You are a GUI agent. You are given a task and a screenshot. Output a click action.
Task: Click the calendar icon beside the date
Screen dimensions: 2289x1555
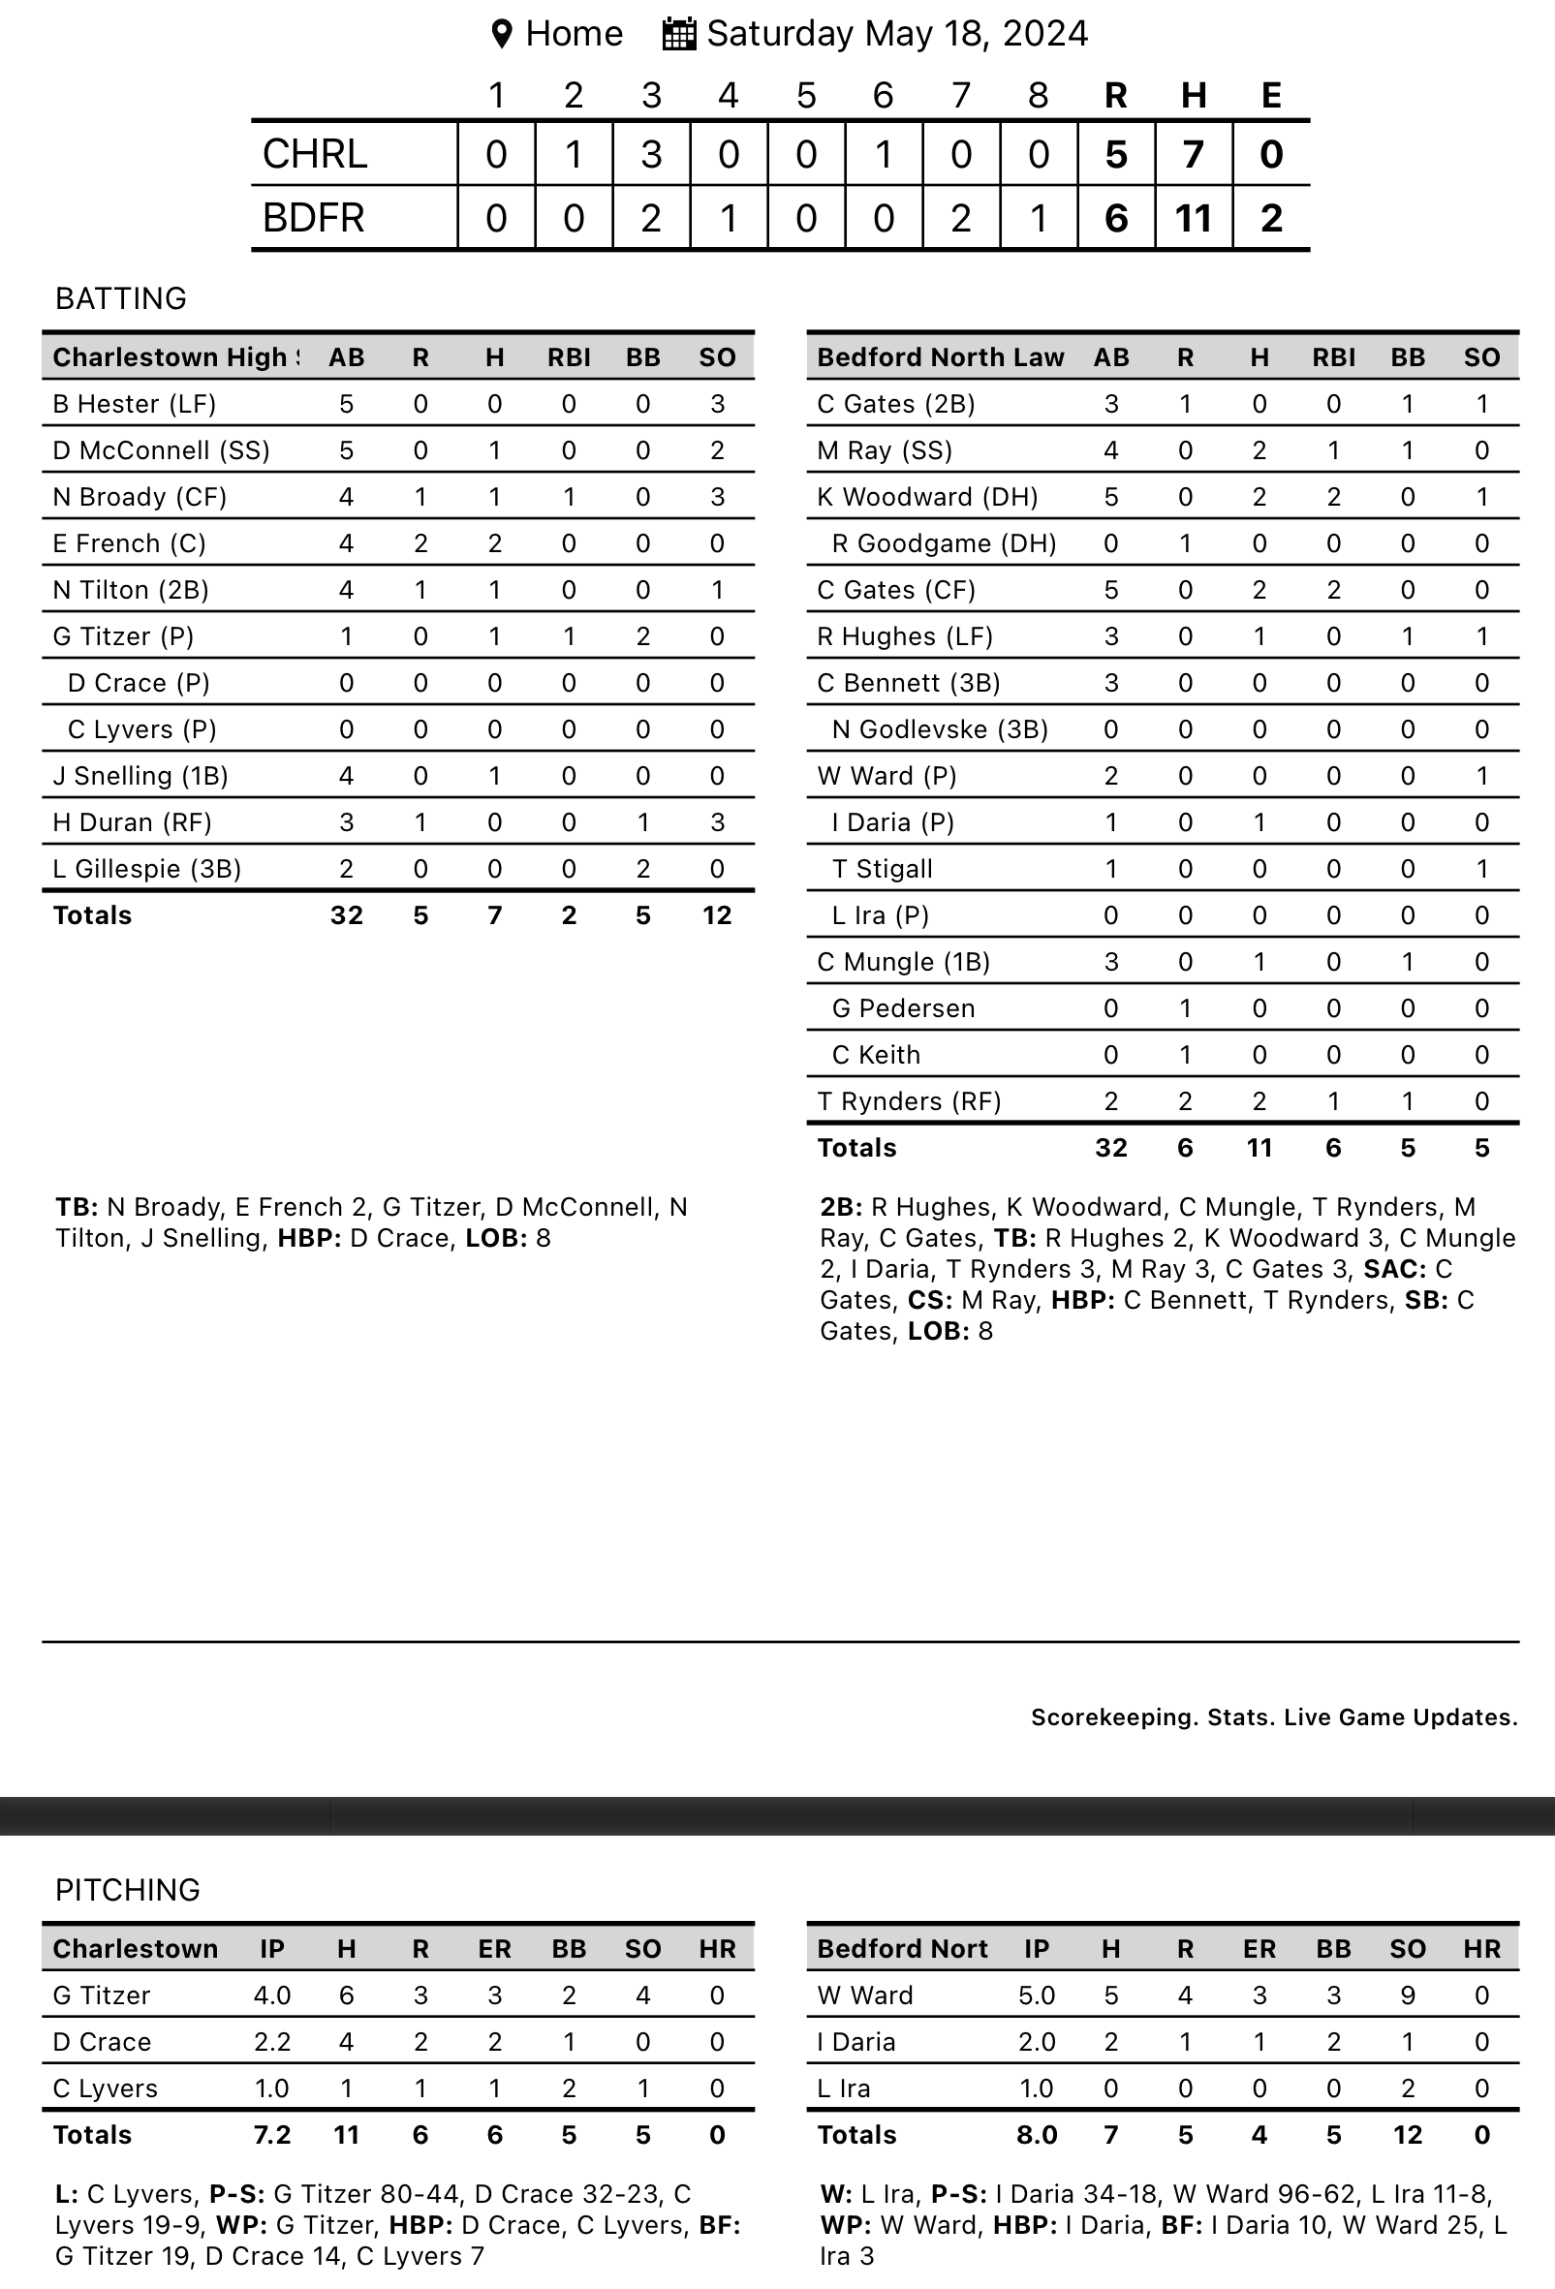point(679,34)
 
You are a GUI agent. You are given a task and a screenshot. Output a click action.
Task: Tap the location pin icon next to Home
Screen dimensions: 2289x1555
point(501,35)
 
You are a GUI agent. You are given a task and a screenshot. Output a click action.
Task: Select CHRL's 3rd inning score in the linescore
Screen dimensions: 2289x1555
point(651,155)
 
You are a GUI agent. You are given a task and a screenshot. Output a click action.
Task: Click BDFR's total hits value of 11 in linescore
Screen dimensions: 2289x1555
point(1193,218)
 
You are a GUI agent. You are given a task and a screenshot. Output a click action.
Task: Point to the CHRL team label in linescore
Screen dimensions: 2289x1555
point(315,155)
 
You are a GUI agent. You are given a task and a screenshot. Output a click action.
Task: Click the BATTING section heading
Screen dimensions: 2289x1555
point(121,298)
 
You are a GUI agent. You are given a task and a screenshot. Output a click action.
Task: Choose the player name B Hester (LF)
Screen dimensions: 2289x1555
point(134,404)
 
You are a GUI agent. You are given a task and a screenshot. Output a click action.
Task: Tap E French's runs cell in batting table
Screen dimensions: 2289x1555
point(420,543)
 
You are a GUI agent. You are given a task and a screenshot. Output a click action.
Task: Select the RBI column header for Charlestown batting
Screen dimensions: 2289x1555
point(570,357)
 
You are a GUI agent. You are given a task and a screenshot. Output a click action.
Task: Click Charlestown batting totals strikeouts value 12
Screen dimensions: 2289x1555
point(717,916)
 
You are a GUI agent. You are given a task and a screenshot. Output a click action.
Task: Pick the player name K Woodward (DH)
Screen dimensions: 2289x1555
point(926,497)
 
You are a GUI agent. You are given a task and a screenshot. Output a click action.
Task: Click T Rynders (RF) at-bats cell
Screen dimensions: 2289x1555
point(1111,1101)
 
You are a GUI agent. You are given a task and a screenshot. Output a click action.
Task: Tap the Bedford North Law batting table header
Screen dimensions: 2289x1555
point(941,357)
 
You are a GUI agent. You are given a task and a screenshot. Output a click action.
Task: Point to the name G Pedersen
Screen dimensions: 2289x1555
point(903,1008)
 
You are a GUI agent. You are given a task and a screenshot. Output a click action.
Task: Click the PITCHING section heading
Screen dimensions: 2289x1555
point(128,1890)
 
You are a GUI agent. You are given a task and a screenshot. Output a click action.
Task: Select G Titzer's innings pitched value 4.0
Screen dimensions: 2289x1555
point(272,1995)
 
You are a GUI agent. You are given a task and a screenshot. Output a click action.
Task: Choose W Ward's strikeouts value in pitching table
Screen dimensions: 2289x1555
point(1408,1995)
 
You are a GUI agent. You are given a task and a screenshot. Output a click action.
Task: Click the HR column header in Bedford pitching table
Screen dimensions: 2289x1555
point(1481,1949)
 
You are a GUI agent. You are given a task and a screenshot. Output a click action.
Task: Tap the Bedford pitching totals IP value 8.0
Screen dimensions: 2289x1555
point(1037,2135)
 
